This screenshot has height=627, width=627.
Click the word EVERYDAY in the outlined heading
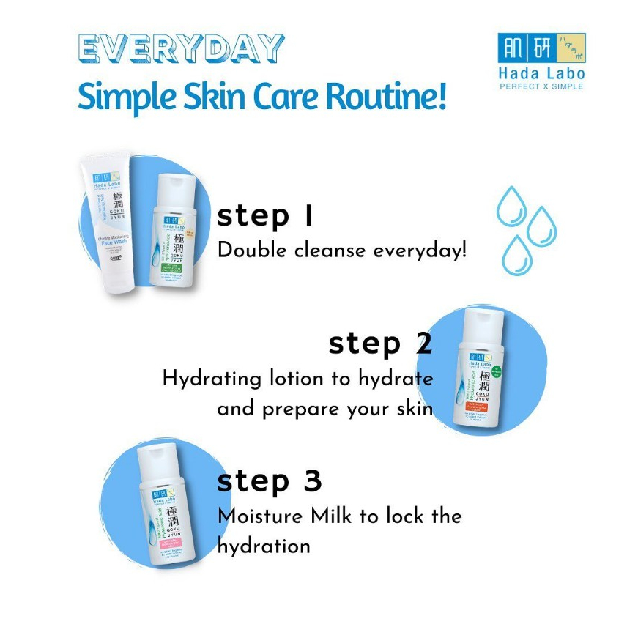point(180,50)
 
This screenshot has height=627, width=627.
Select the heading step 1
point(265,217)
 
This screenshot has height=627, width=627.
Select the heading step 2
point(380,343)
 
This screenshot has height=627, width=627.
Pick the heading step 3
point(270,481)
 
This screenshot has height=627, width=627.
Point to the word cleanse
point(330,251)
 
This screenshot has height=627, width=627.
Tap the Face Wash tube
point(108,224)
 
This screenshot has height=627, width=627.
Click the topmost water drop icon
point(511,206)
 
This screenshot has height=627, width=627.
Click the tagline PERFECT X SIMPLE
point(541,86)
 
